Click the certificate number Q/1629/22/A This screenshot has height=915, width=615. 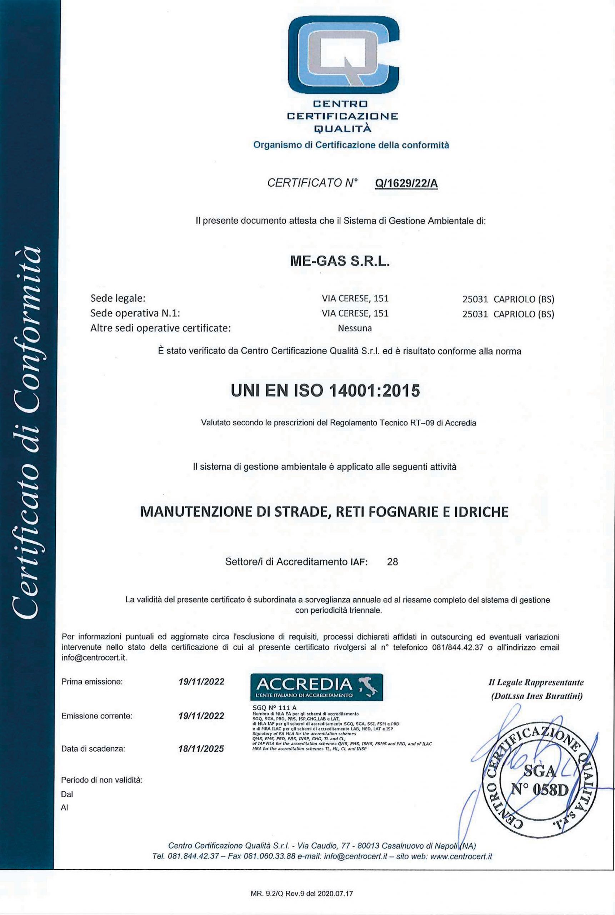pos(406,183)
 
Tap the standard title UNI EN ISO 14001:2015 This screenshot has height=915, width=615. pos(326,391)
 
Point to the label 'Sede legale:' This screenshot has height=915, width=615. pos(118,298)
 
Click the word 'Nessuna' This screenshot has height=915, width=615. pos(355,328)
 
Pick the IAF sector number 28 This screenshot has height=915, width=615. pos(392,562)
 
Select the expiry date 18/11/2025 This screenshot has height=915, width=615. pos(201,748)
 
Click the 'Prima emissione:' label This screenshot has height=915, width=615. pos(92,682)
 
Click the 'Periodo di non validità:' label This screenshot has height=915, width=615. pos(101,780)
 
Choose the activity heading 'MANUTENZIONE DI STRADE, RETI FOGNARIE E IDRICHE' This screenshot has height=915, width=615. pos(324,512)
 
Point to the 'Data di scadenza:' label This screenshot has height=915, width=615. pos(93,749)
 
